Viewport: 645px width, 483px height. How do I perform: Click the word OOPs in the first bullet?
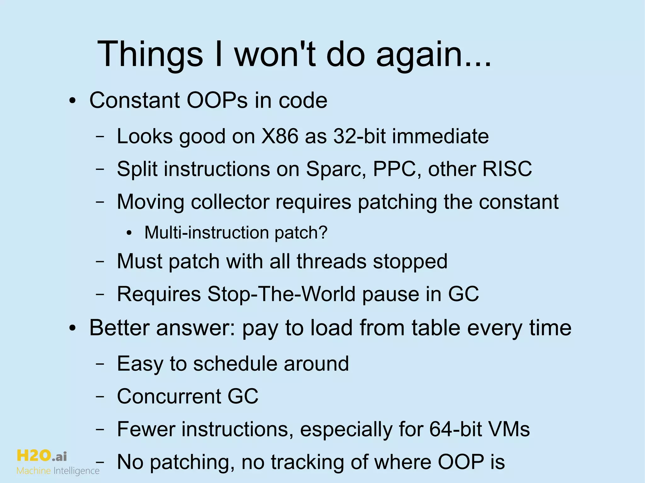pos(217,100)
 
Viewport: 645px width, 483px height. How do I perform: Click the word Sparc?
pos(336,169)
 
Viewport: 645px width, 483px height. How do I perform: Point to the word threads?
pos(331,261)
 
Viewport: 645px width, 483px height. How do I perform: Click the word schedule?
pos(235,364)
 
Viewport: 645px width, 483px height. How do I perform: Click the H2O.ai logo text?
pos(42,456)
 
